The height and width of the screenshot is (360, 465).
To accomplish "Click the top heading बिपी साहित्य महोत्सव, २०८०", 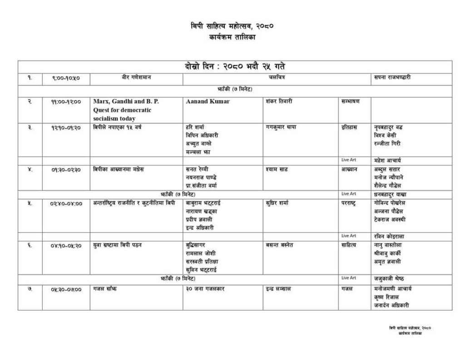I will tap(232, 26).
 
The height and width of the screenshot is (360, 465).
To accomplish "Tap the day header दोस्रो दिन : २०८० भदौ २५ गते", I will tap(235, 67).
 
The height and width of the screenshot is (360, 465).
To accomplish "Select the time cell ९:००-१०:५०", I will tap(66, 78).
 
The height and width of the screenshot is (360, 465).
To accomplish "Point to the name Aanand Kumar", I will tap(208, 101).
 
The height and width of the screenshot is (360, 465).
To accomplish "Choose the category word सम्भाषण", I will tap(350, 101).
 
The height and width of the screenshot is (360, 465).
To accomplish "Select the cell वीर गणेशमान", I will tap(136, 78).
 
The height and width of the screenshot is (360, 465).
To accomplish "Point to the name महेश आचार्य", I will tap(387, 160).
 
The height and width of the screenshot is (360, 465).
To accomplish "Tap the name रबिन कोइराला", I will tap(389, 236).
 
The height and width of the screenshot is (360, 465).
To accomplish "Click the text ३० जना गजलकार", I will tap(205, 289).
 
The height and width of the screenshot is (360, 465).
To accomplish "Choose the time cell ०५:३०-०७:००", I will tap(66, 290).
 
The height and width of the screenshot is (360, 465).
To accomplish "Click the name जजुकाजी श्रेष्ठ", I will tap(389, 279).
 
